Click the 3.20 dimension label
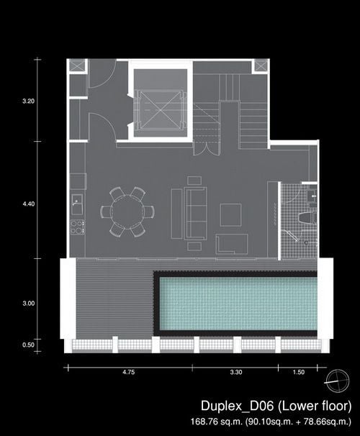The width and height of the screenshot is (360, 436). pyautogui.click(x=28, y=101)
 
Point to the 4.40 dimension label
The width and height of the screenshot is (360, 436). pyautogui.click(x=28, y=204)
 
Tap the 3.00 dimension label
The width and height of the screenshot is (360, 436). pyautogui.click(x=28, y=303)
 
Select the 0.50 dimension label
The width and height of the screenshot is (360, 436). pyautogui.click(x=28, y=345)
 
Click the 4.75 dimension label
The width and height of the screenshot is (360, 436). pyautogui.click(x=129, y=372)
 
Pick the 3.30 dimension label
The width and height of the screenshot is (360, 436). pyautogui.click(x=236, y=372)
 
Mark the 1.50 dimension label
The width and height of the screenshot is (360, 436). pyautogui.click(x=299, y=372)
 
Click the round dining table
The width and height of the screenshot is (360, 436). pyautogui.click(x=127, y=212)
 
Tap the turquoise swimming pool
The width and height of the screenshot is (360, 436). pyautogui.click(x=238, y=304)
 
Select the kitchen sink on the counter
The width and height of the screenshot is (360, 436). pyautogui.click(x=77, y=204)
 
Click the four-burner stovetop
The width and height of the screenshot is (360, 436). pyautogui.click(x=78, y=227)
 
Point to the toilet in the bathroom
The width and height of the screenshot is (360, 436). pyautogui.click(x=307, y=217)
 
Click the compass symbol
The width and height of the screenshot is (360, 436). pyautogui.click(x=338, y=381)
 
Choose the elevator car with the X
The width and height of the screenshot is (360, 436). pyautogui.click(x=161, y=110)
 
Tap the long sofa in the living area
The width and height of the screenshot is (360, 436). pyautogui.click(x=195, y=213)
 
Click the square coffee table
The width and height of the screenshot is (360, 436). pyautogui.click(x=230, y=214)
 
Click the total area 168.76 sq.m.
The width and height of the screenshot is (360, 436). pyautogui.click(x=217, y=422)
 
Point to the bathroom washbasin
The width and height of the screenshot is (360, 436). pyautogui.click(x=312, y=196)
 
